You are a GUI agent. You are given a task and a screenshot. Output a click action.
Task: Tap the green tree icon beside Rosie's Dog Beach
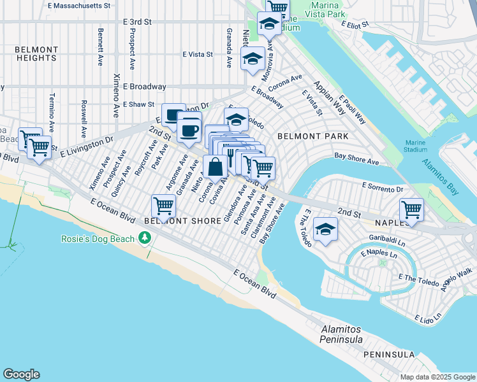145,238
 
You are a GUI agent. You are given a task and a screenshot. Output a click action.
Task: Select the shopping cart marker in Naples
412,209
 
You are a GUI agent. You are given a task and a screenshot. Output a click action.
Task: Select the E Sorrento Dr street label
383,188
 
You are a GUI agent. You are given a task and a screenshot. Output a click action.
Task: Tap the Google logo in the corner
21,374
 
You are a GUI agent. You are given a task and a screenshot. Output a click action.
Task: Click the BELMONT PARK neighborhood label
312,136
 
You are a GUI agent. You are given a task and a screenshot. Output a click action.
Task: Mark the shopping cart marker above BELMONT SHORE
163,206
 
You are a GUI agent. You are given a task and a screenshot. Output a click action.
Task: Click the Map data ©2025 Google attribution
437,377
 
